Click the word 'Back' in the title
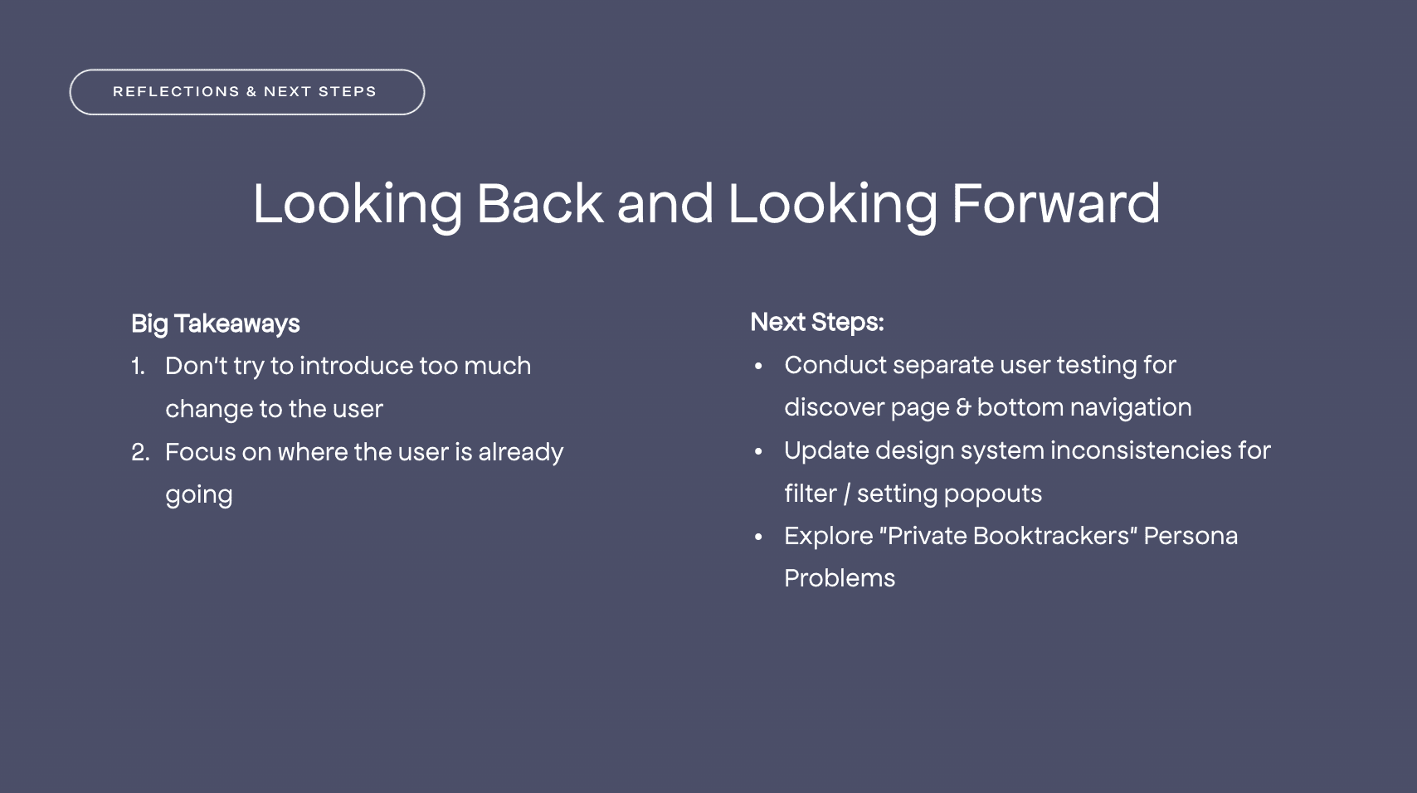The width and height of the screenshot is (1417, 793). click(x=540, y=203)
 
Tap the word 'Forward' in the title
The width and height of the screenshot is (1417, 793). click(x=1056, y=203)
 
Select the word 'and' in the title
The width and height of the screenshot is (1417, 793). click(x=665, y=203)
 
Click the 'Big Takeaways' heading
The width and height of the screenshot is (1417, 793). click(x=215, y=324)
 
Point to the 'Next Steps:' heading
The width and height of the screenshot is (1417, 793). click(x=816, y=322)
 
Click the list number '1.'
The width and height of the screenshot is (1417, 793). click(x=138, y=366)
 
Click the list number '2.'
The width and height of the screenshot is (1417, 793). click(x=140, y=452)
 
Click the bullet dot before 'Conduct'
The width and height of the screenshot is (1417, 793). click(x=758, y=366)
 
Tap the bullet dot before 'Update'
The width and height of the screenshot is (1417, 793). click(x=758, y=451)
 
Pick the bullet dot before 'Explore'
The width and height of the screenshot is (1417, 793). click(x=758, y=538)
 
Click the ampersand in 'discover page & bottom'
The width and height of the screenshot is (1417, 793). click(x=963, y=408)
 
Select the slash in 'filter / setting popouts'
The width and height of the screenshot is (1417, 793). click(x=846, y=494)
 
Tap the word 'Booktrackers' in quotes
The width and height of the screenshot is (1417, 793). click(x=1051, y=536)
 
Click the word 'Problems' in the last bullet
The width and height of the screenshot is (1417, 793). click(x=840, y=579)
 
